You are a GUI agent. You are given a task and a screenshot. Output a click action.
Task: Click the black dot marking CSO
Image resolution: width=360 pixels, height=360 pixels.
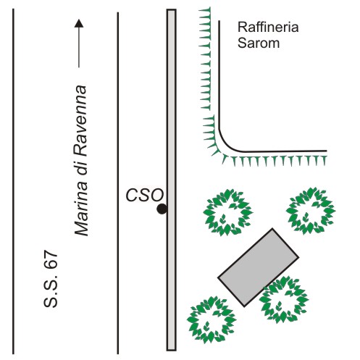click(162, 209)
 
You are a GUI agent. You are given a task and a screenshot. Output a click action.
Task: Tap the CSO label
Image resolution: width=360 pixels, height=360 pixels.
click(145, 195)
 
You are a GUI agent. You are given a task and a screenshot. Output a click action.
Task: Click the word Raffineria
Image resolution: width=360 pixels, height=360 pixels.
click(268, 27)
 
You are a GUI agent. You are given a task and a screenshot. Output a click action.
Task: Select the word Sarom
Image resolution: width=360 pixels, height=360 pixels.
click(259, 43)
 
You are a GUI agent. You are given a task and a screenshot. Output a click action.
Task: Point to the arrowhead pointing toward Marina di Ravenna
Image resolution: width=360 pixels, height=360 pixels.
click(79, 23)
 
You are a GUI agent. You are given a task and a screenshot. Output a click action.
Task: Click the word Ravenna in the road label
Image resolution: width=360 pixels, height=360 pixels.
click(80, 119)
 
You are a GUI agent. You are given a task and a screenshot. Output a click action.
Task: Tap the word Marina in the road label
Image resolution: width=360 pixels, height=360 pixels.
click(81, 209)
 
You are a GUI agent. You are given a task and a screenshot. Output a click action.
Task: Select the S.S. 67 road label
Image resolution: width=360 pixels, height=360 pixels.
click(51, 278)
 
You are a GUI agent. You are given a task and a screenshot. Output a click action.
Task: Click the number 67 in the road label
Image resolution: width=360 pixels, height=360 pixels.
click(51, 259)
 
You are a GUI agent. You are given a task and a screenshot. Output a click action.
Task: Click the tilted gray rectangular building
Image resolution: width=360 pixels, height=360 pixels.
click(259, 267)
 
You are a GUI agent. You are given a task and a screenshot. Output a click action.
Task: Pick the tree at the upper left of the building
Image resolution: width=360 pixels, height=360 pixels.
click(227, 212)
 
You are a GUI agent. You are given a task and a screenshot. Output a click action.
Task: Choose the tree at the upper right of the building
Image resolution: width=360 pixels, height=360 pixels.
click(311, 211)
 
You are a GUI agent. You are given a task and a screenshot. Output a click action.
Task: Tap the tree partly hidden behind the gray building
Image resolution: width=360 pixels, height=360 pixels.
click(285, 300)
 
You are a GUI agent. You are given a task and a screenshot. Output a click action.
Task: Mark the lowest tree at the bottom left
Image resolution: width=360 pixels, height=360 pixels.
click(212, 319)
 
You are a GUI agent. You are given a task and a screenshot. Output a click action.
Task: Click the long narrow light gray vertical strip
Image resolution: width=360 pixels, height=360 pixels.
click(171, 180)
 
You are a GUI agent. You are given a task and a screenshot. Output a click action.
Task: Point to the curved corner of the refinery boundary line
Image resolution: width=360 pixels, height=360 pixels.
click(226, 143)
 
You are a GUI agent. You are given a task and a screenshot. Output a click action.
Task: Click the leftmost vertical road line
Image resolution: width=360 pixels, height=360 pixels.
click(13, 181)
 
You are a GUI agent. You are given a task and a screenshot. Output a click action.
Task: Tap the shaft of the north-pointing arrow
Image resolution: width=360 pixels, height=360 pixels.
click(79, 47)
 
